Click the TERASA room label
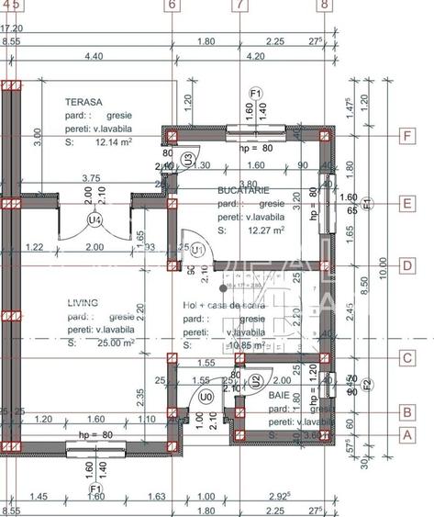(x=83, y=103)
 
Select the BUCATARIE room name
(x=242, y=189)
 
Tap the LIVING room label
(x=82, y=302)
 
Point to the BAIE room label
(x=278, y=395)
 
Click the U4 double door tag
(x=93, y=219)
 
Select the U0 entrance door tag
(x=206, y=397)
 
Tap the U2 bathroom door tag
(x=257, y=379)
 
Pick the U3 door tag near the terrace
(x=187, y=158)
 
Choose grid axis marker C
(x=406, y=360)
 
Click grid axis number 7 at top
(x=239, y=5)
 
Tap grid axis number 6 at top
(x=172, y=5)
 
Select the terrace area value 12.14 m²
(x=88, y=143)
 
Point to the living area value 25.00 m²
(x=88, y=343)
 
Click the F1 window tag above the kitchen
(x=256, y=93)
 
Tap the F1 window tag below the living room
(x=95, y=489)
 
